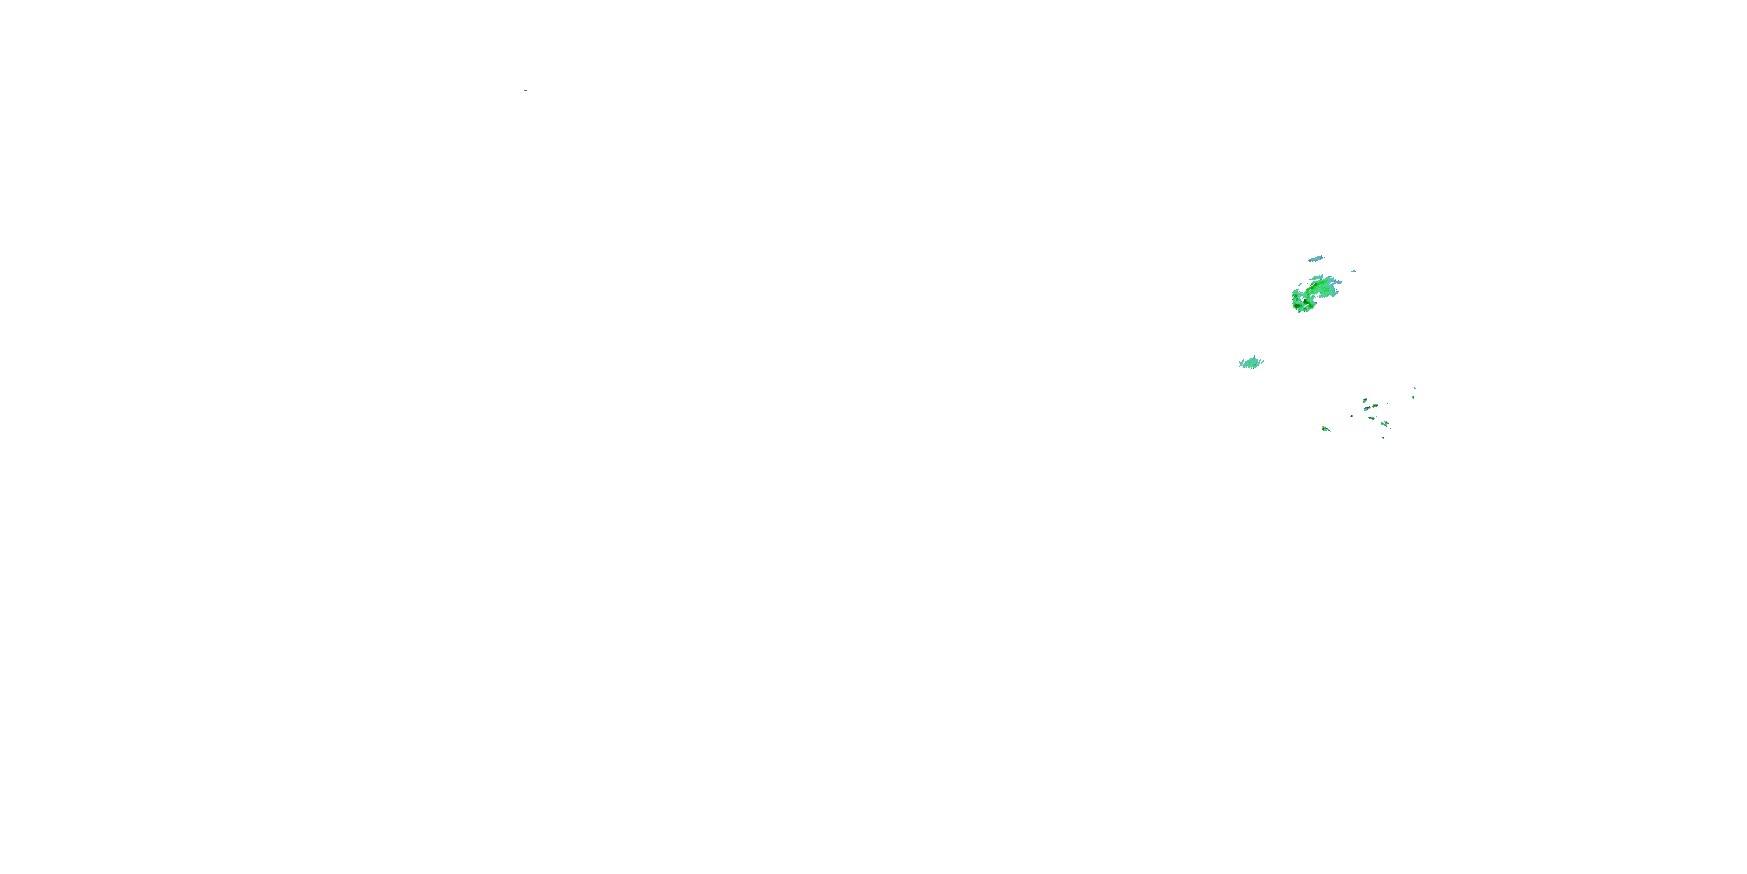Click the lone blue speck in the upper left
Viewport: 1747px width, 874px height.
pos(525,90)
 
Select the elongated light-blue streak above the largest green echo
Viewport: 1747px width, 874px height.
pos(1316,259)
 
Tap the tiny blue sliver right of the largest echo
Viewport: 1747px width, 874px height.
pos(1353,272)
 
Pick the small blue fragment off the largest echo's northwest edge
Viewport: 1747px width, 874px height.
pos(1300,284)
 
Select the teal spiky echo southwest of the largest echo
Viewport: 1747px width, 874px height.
pos(1251,362)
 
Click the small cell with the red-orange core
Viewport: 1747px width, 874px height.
pos(1375,406)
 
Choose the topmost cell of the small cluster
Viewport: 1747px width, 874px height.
pos(1365,400)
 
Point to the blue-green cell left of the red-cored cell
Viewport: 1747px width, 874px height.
pos(1368,408)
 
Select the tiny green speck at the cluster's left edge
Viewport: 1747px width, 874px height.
pos(1352,417)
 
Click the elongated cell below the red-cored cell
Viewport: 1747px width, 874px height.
pos(1372,418)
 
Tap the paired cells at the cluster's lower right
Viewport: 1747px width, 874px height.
pos(1385,424)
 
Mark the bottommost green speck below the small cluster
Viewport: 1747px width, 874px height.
pos(1384,438)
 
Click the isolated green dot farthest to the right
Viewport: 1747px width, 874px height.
pos(1413,397)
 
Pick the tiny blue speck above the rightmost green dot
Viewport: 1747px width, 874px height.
pos(1416,388)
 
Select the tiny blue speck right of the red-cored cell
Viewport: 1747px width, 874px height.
pos(1387,404)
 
